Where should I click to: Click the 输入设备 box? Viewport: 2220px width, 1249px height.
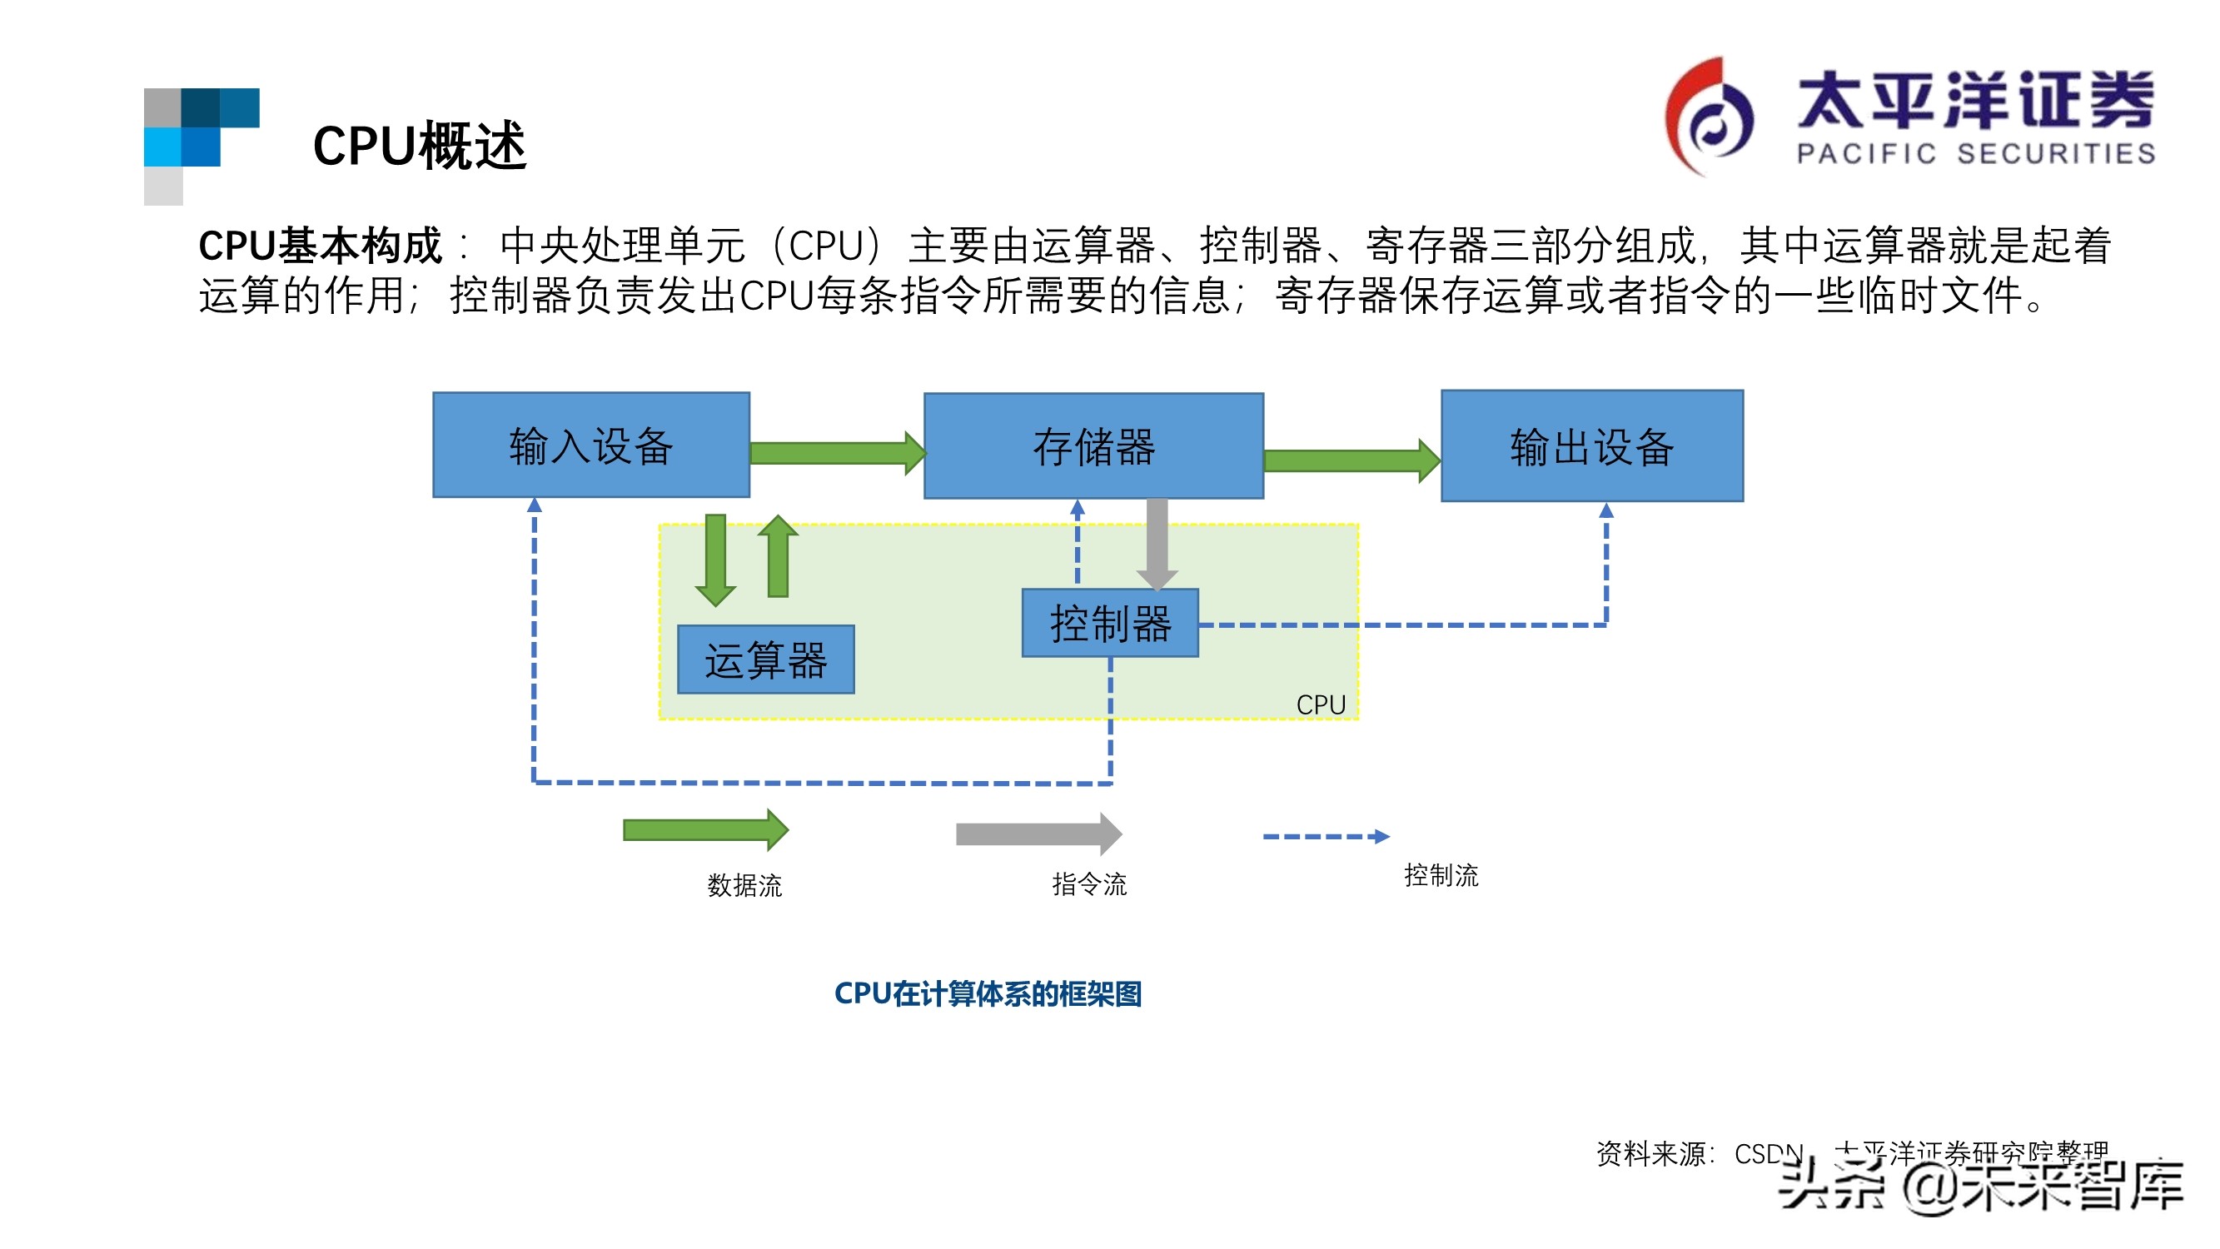591,445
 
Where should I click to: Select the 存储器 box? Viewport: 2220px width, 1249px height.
1093,446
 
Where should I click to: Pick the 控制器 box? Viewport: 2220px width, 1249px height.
1109,623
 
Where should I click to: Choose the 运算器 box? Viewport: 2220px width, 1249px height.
765,659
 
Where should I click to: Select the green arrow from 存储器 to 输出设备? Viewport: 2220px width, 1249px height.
1349,460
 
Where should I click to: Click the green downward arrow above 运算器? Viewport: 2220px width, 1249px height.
715,559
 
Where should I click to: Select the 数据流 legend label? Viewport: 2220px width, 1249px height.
744,885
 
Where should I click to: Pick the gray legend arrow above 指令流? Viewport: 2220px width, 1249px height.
1038,833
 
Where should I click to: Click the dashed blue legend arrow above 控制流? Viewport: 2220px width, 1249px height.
1325,836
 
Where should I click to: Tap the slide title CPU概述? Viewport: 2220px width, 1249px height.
419,146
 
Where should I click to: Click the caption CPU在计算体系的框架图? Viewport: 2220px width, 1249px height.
988,994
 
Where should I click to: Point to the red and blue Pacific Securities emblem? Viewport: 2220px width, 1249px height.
1708,117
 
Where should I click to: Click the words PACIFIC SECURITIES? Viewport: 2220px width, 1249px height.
1975,153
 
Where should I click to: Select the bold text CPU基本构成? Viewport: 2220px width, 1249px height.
320,246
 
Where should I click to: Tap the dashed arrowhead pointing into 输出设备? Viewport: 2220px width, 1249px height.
1605,510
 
